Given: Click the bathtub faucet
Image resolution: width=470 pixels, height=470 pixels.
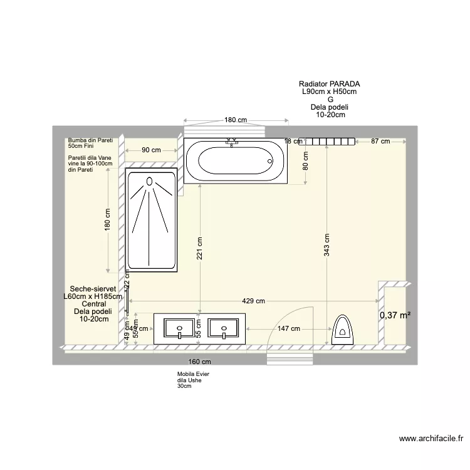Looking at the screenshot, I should click(232, 143).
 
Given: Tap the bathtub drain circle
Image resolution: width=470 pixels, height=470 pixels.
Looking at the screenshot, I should click(270, 161).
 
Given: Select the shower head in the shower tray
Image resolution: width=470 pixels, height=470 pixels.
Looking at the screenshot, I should click(150, 182).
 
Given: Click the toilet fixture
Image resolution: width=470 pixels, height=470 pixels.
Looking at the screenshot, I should click(342, 328).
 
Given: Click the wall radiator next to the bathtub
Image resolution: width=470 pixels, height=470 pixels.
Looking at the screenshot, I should click(326, 142).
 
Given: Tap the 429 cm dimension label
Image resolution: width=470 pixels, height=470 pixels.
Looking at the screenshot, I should click(254, 301).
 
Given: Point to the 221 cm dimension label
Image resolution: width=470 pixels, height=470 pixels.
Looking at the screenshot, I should click(199, 252).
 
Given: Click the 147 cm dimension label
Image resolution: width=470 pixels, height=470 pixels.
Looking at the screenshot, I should click(289, 328).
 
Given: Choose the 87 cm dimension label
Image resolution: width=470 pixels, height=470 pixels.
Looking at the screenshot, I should click(380, 142).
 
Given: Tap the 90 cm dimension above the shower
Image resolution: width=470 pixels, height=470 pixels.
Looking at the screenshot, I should click(151, 150).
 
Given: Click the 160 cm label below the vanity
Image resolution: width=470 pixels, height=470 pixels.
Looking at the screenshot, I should click(199, 362).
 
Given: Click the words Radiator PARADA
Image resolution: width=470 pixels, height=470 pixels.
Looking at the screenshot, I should click(329, 84).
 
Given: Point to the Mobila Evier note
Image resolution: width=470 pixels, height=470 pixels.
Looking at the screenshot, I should click(193, 374).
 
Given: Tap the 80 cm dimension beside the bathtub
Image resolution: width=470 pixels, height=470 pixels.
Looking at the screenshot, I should click(306, 162).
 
